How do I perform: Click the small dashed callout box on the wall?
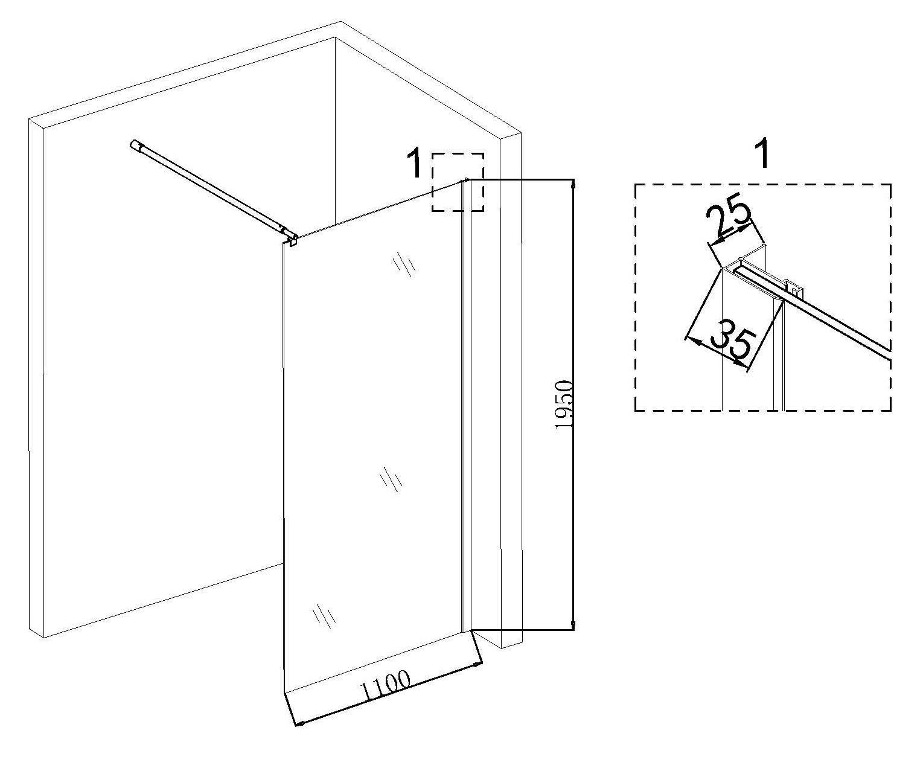(458, 182)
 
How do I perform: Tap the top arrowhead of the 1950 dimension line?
(573, 184)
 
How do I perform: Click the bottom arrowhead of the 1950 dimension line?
(573, 624)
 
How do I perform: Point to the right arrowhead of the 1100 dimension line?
(478, 664)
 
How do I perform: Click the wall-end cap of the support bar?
(135, 145)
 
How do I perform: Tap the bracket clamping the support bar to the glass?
(292, 240)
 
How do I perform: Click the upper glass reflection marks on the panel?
(404, 264)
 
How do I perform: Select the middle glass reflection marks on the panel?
(391, 479)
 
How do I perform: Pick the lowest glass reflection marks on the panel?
(324, 615)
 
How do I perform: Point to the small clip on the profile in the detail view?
(794, 292)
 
